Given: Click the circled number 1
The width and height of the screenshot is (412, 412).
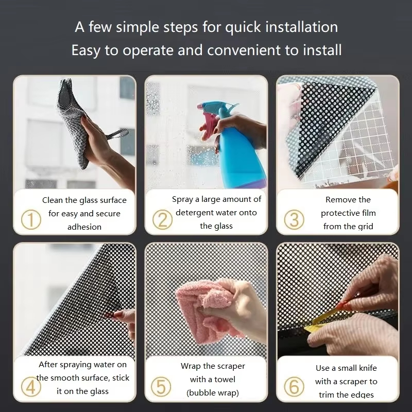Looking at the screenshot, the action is click(31, 220).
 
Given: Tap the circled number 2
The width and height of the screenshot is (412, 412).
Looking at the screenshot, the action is click(162, 220).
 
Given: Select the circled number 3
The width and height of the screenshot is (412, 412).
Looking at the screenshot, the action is click(294, 220).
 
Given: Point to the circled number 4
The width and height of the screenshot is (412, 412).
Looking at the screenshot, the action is click(31, 387).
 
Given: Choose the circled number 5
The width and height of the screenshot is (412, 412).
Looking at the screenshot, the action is click(161, 387).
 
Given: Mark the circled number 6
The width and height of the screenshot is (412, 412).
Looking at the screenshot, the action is click(294, 387).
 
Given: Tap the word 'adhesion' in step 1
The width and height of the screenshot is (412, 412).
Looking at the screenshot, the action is click(84, 227).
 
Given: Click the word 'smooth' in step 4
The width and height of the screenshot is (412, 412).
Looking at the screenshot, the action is click(63, 378).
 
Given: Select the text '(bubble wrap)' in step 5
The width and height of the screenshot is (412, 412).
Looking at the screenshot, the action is click(213, 393).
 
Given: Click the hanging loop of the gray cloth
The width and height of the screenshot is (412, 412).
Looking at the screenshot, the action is click(117, 134).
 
